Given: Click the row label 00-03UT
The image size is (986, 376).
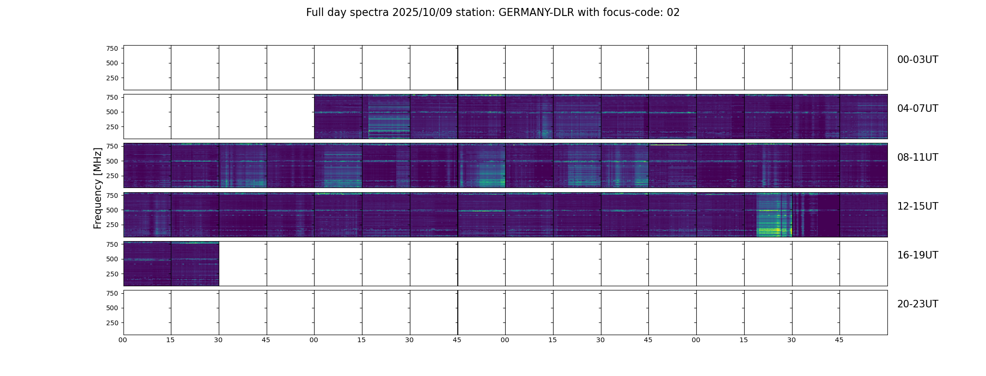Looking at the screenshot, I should click(917, 60).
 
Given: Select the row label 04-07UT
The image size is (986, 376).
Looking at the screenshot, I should click(917, 109).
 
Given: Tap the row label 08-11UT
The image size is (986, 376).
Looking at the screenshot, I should click(917, 157).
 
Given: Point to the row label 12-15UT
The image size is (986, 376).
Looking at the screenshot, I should click(917, 206).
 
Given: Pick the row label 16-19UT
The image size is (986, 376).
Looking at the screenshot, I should click(917, 255).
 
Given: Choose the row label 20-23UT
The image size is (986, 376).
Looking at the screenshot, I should click(917, 304).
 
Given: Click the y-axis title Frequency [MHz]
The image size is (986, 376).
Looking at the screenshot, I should click(98, 188).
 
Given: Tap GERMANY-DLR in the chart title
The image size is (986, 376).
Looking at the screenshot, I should click(536, 13).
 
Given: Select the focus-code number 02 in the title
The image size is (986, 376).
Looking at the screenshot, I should click(673, 13).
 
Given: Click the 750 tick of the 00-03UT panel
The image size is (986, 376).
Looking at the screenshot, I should click(112, 48).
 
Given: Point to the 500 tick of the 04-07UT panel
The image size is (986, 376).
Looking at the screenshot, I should click(112, 112).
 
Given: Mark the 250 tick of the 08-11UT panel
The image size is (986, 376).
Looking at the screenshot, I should click(112, 176).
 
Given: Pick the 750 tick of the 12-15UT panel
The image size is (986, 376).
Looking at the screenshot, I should click(112, 195).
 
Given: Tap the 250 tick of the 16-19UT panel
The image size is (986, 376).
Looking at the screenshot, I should click(112, 274).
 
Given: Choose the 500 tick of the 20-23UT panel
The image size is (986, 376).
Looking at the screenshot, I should click(112, 308).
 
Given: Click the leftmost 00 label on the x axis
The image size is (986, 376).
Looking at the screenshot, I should click(123, 340).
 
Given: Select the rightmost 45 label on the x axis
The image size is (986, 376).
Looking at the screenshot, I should click(839, 340).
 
